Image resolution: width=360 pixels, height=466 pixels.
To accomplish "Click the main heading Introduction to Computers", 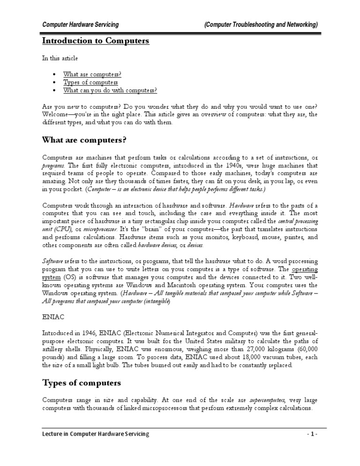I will tap(96, 41).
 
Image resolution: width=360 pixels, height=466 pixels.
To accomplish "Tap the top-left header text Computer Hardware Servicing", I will tap(80, 24).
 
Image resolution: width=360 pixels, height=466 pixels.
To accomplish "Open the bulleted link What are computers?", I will tap(92, 75).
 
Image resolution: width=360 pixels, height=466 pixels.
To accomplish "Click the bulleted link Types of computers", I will tap(90, 83).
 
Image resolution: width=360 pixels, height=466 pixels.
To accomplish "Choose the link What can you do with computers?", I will tap(110, 90).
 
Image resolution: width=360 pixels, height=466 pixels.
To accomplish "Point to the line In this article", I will tap(60, 58).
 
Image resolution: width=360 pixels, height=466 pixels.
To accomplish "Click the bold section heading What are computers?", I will tap(84, 140).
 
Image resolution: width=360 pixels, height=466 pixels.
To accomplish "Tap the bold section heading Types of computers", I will tap(82, 383).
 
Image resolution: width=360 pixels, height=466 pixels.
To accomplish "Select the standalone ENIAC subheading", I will tap(52, 317).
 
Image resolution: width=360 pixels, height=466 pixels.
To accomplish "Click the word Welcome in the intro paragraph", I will tap(57, 114).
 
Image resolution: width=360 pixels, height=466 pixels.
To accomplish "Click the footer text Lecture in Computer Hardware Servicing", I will tap(96, 434).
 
